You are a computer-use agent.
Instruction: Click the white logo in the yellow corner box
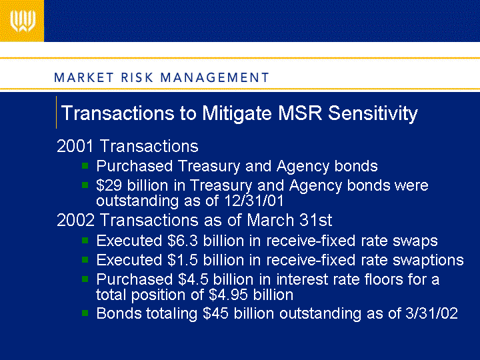pos(23,21)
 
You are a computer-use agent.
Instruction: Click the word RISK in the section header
pos(137,77)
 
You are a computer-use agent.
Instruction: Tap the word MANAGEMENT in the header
pos(215,77)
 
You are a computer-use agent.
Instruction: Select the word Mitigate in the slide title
pos(237,113)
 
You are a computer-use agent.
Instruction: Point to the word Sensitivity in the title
pos(373,113)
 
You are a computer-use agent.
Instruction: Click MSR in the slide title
pos(300,113)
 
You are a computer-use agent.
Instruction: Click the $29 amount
pos(109,185)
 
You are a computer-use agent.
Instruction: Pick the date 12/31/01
pos(254,201)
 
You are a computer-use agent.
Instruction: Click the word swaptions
pos(428,261)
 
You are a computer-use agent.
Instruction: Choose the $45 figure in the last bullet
pos(215,313)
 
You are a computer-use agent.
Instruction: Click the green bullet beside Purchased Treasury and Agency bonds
pos(85,166)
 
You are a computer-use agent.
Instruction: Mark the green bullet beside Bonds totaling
pos(85,313)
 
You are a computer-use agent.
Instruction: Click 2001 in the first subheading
pos(75,146)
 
